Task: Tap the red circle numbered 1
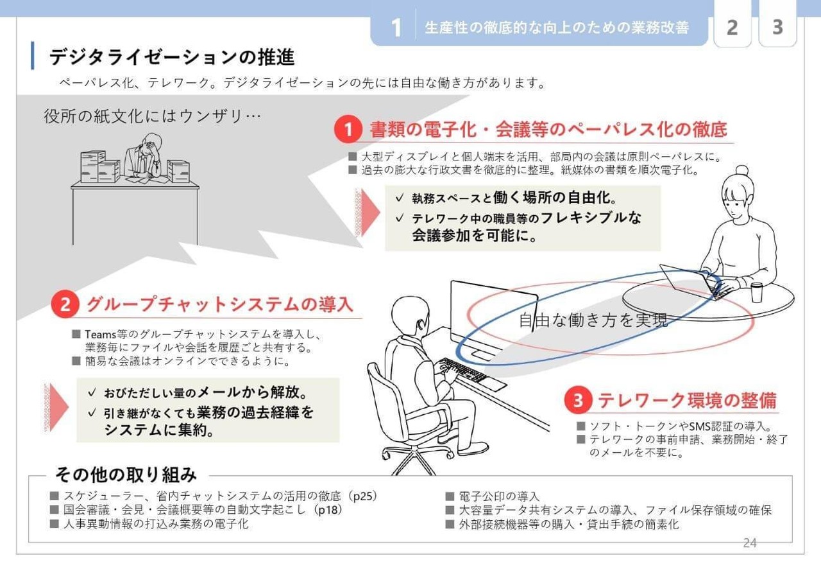point(348,129)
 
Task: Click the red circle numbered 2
point(65,304)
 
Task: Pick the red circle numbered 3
point(579,401)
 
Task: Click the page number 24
point(750,543)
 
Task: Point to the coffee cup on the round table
point(756,293)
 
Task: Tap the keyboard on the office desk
point(462,369)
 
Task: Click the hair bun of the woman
point(742,170)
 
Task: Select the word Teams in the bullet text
point(101,335)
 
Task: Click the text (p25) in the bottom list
point(363,496)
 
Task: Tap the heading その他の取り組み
point(126,475)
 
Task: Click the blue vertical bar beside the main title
point(33,55)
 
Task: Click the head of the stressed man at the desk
point(152,143)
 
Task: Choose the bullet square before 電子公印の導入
point(450,496)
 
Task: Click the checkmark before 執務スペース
point(400,198)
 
